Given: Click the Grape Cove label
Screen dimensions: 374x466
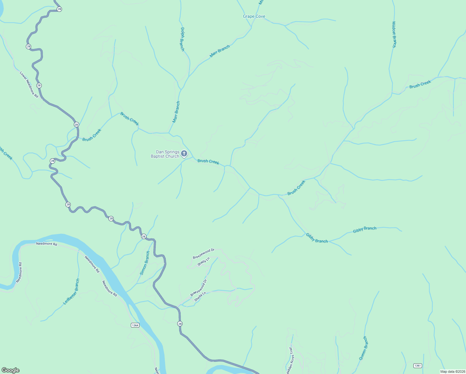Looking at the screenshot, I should [254, 17].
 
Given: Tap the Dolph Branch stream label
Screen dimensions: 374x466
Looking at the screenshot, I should [182, 39].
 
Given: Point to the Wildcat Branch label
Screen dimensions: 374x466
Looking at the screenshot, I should [394, 34].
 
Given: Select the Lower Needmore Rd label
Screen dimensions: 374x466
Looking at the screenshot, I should [29, 84].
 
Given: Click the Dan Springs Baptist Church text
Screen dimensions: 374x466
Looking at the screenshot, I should [165, 154].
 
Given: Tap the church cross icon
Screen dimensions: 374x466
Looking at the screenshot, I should [184, 153].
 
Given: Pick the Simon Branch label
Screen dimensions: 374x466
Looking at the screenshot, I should [145, 263].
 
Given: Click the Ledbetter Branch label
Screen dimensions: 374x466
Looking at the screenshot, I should [71, 291].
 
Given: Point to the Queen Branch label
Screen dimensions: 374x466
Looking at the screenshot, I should [363, 348].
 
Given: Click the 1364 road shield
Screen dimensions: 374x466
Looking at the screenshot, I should [135, 325].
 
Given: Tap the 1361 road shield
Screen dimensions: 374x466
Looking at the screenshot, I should [417, 365].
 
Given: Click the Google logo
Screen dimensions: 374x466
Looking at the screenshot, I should [10, 370].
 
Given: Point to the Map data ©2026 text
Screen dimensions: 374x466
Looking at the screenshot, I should [452, 371].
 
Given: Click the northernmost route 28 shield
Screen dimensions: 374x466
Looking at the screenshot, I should [59, 9].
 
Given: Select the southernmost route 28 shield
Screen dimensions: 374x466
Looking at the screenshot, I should [180, 324].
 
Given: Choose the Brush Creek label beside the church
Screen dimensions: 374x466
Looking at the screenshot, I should [208, 161].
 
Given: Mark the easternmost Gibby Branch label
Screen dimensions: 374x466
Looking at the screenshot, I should [364, 230].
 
